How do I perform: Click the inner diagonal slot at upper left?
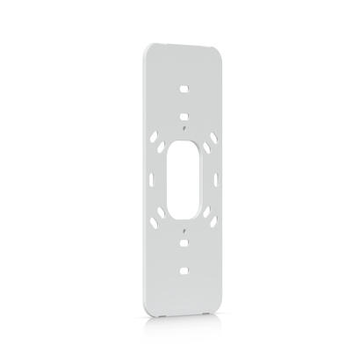tap(169, 146)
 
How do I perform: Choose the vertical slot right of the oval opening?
tap(212, 176)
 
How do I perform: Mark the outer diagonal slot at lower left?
tap(158, 220)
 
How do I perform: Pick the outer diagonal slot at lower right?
tap(210, 219)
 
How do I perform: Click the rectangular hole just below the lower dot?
tap(184, 240)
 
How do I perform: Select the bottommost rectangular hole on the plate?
tap(184, 264)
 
